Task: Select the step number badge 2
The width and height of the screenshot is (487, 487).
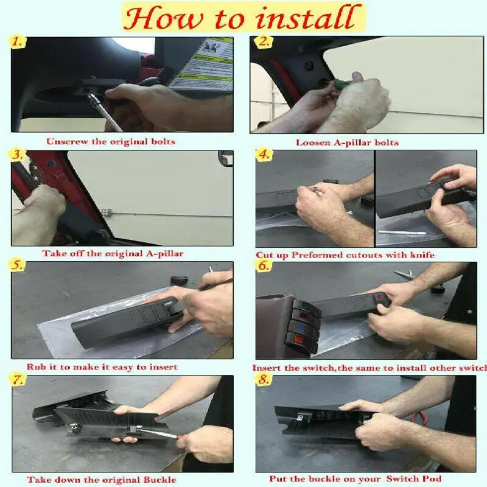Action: (x=263, y=41)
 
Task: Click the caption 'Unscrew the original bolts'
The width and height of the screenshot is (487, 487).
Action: (x=111, y=142)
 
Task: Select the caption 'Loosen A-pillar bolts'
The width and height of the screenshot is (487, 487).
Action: (x=347, y=142)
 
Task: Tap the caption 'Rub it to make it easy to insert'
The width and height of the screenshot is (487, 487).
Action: (x=102, y=366)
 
